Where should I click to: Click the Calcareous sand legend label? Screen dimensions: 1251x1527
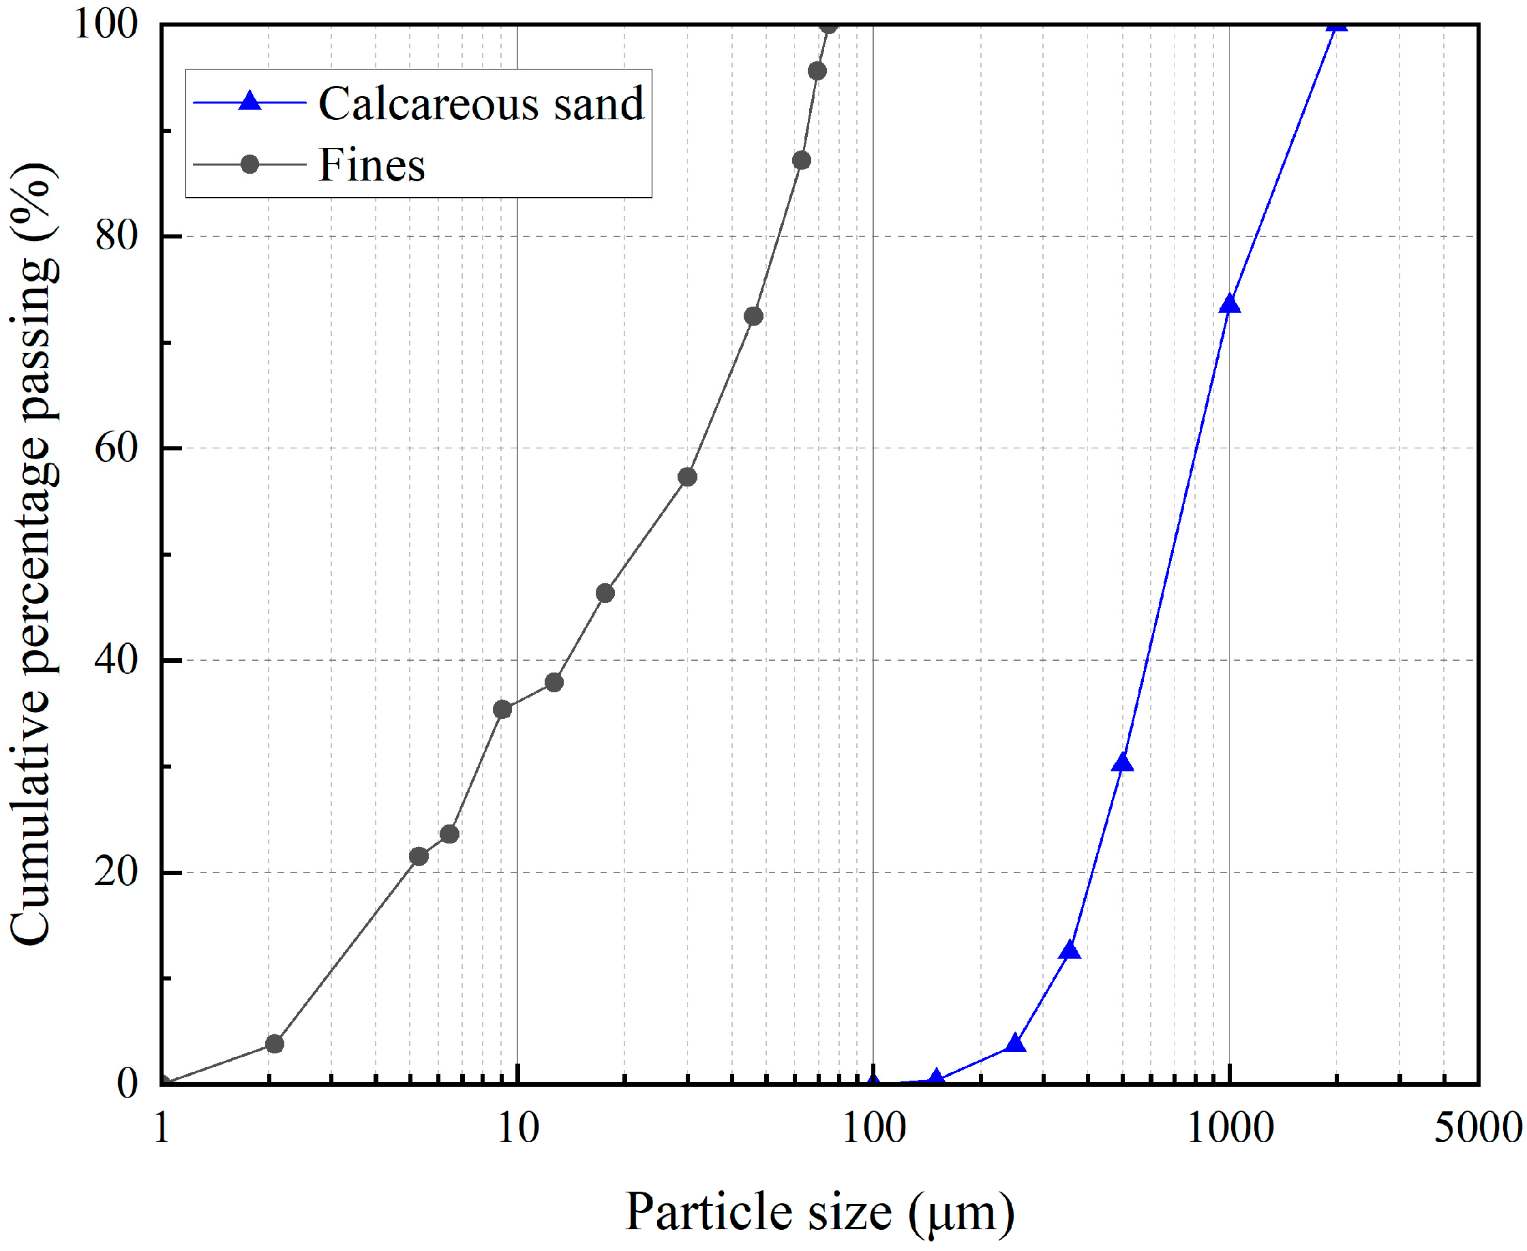point(481,104)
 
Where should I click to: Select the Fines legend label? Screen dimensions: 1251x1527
point(372,165)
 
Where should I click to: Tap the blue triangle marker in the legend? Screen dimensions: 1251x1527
point(250,101)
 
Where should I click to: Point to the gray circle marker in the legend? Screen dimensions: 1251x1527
point(250,164)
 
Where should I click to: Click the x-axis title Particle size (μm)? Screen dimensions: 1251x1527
point(819,1211)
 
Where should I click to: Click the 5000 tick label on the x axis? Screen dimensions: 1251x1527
point(1477,1128)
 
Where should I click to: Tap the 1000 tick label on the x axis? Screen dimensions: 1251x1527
point(1230,1128)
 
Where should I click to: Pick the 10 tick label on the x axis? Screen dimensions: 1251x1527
point(517,1128)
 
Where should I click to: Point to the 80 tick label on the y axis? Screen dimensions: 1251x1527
point(116,236)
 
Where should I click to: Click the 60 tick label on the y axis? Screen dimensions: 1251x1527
point(116,448)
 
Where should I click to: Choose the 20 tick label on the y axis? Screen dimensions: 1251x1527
point(116,872)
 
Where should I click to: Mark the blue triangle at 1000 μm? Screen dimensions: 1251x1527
point(1229,304)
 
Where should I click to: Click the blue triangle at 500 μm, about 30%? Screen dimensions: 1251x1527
point(1122,762)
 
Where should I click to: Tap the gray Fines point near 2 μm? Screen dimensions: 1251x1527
point(275,1043)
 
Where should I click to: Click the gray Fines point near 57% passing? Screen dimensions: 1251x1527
point(688,477)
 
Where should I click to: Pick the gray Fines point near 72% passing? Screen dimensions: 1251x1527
point(753,316)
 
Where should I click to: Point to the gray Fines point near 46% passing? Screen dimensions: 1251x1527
point(605,593)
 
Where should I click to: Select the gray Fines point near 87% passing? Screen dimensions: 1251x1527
point(801,160)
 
